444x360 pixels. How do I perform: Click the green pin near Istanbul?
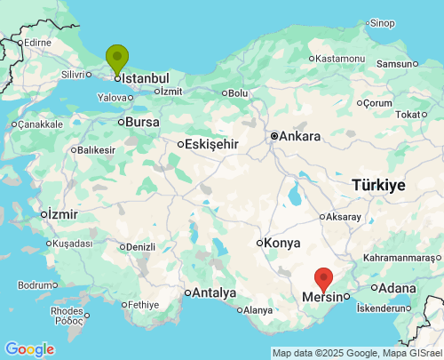[x=116, y=59]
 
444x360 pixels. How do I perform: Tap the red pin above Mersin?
[x=324, y=279]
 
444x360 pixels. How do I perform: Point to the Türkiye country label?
[x=378, y=185]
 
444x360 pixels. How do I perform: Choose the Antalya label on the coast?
[x=215, y=292]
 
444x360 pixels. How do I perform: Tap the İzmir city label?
[x=63, y=214]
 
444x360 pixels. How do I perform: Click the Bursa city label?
[x=142, y=122]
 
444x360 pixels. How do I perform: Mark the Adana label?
[x=396, y=288]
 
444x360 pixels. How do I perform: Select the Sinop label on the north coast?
[x=382, y=23]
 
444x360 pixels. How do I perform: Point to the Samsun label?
[x=395, y=64]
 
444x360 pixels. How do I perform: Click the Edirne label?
[x=38, y=42]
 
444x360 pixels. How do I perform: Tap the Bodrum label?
[x=36, y=285]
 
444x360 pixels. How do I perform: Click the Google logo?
[x=29, y=349]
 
